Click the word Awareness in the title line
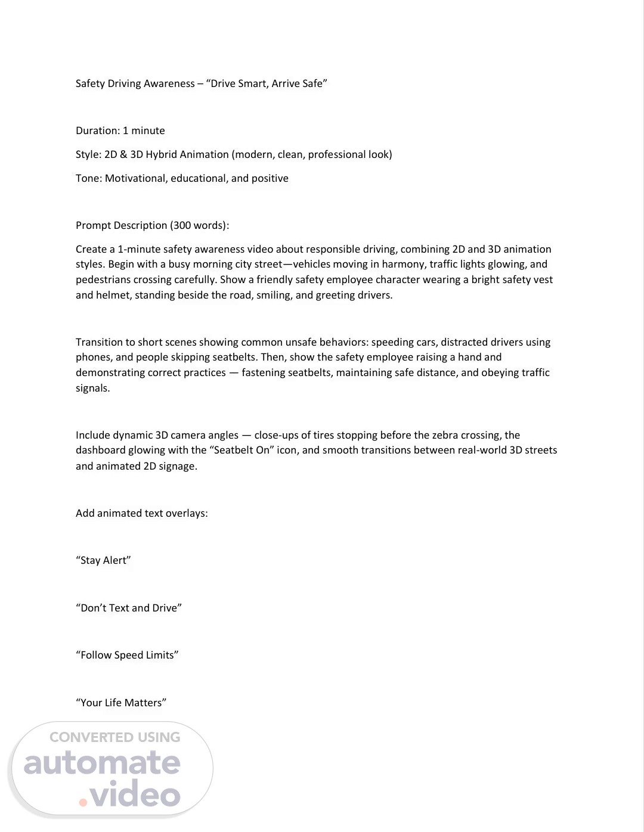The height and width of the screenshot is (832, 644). tap(169, 83)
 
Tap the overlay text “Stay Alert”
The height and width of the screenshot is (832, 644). tap(103, 560)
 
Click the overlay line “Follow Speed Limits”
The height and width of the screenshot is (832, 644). tap(127, 655)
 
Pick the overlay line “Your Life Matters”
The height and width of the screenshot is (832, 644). tap(121, 703)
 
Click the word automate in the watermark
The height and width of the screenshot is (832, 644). tap(102, 763)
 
